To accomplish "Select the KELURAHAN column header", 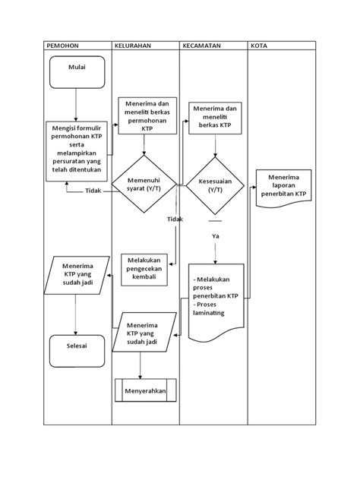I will (x=132, y=46).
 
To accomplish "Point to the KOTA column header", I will (x=259, y=46).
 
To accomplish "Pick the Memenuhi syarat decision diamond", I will (x=144, y=184).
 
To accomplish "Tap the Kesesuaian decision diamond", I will (x=214, y=186).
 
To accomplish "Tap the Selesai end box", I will (x=77, y=350).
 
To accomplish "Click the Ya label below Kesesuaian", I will (x=215, y=236).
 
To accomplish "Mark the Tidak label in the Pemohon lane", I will (x=93, y=191).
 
